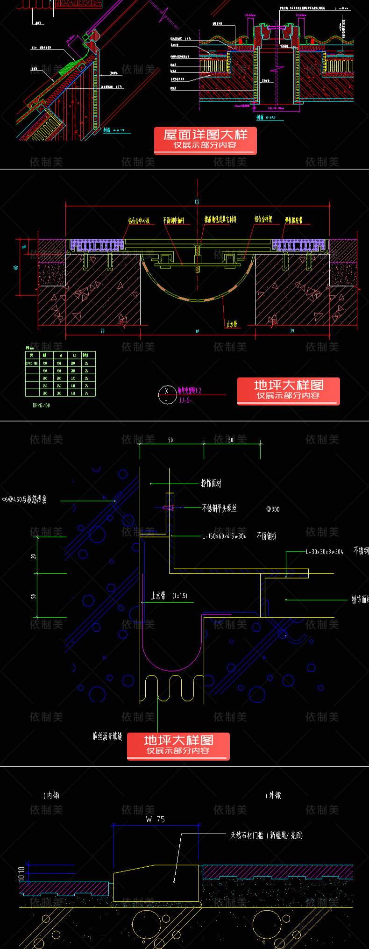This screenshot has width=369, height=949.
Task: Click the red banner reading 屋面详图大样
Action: (x=205, y=140)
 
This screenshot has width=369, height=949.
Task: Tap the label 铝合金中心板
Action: (x=139, y=221)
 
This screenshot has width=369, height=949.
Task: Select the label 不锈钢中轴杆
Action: (x=174, y=220)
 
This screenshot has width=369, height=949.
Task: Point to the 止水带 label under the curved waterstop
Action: (x=232, y=323)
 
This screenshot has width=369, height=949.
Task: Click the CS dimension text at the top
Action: (x=197, y=202)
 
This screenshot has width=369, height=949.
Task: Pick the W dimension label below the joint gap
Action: (x=197, y=331)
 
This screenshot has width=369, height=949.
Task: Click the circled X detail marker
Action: (x=166, y=394)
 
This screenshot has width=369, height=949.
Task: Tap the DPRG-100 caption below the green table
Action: (x=41, y=405)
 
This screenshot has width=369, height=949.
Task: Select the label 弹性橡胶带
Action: (x=294, y=220)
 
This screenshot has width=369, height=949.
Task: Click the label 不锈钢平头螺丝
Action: (x=219, y=508)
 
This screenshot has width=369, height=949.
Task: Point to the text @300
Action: (x=273, y=509)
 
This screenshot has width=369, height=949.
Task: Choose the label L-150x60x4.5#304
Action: (x=224, y=536)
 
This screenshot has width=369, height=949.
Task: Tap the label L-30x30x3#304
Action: (x=325, y=551)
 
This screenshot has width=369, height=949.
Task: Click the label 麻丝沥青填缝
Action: (x=107, y=736)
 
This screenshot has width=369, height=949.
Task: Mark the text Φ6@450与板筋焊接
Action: (x=24, y=499)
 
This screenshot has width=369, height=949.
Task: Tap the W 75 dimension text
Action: (x=155, y=819)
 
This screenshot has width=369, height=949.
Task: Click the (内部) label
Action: (x=51, y=795)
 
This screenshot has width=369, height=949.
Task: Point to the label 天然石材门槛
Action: (x=247, y=835)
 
